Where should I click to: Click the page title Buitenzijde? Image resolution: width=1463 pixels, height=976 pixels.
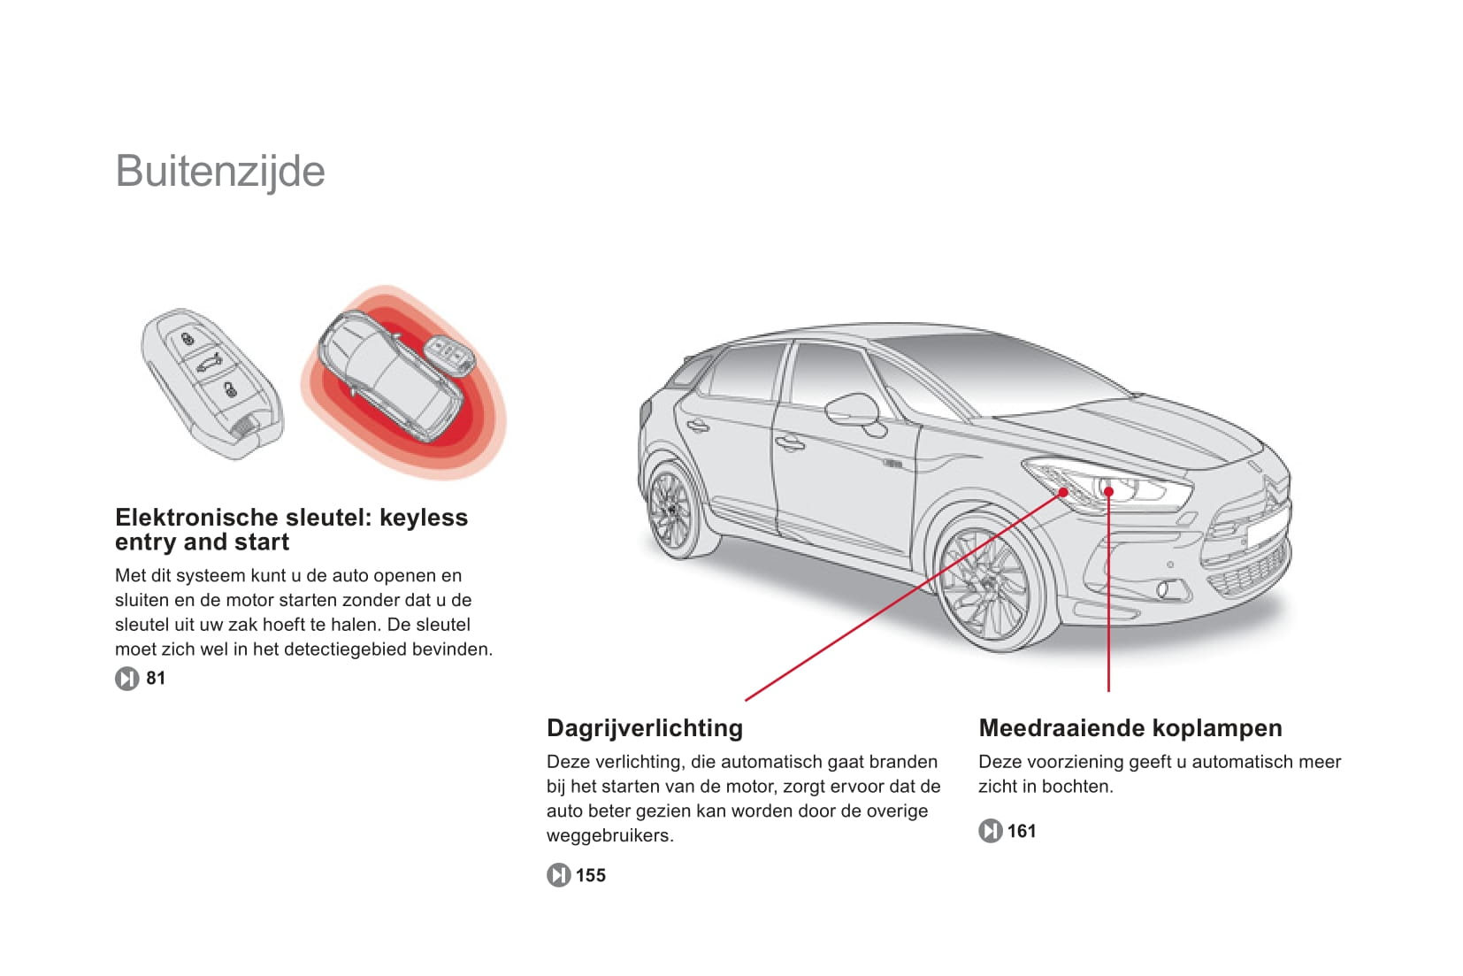[x=220, y=172]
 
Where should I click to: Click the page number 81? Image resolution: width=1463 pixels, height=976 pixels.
[x=156, y=678]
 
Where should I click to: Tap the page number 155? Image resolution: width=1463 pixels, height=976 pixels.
[x=591, y=875]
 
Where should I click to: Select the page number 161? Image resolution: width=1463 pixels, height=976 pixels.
[x=1022, y=831]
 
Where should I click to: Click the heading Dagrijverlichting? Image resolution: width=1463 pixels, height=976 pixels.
[x=645, y=728]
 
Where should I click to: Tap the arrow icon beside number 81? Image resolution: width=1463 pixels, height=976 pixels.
[x=126, y=679]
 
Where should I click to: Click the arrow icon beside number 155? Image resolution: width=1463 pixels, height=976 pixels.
[x=558, y=875]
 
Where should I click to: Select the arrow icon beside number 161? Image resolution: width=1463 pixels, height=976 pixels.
[x=990, y=831]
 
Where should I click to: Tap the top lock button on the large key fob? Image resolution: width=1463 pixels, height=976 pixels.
[x=188, y=340]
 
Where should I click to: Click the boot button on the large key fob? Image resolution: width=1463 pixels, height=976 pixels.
[x=210, y=363]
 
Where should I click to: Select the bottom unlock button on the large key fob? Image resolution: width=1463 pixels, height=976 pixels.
[x=230, y=390]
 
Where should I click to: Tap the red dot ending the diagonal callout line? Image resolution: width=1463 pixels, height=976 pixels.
[x=1063, y=492]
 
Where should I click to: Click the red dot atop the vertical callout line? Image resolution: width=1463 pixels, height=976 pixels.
[x=1108, y=491]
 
